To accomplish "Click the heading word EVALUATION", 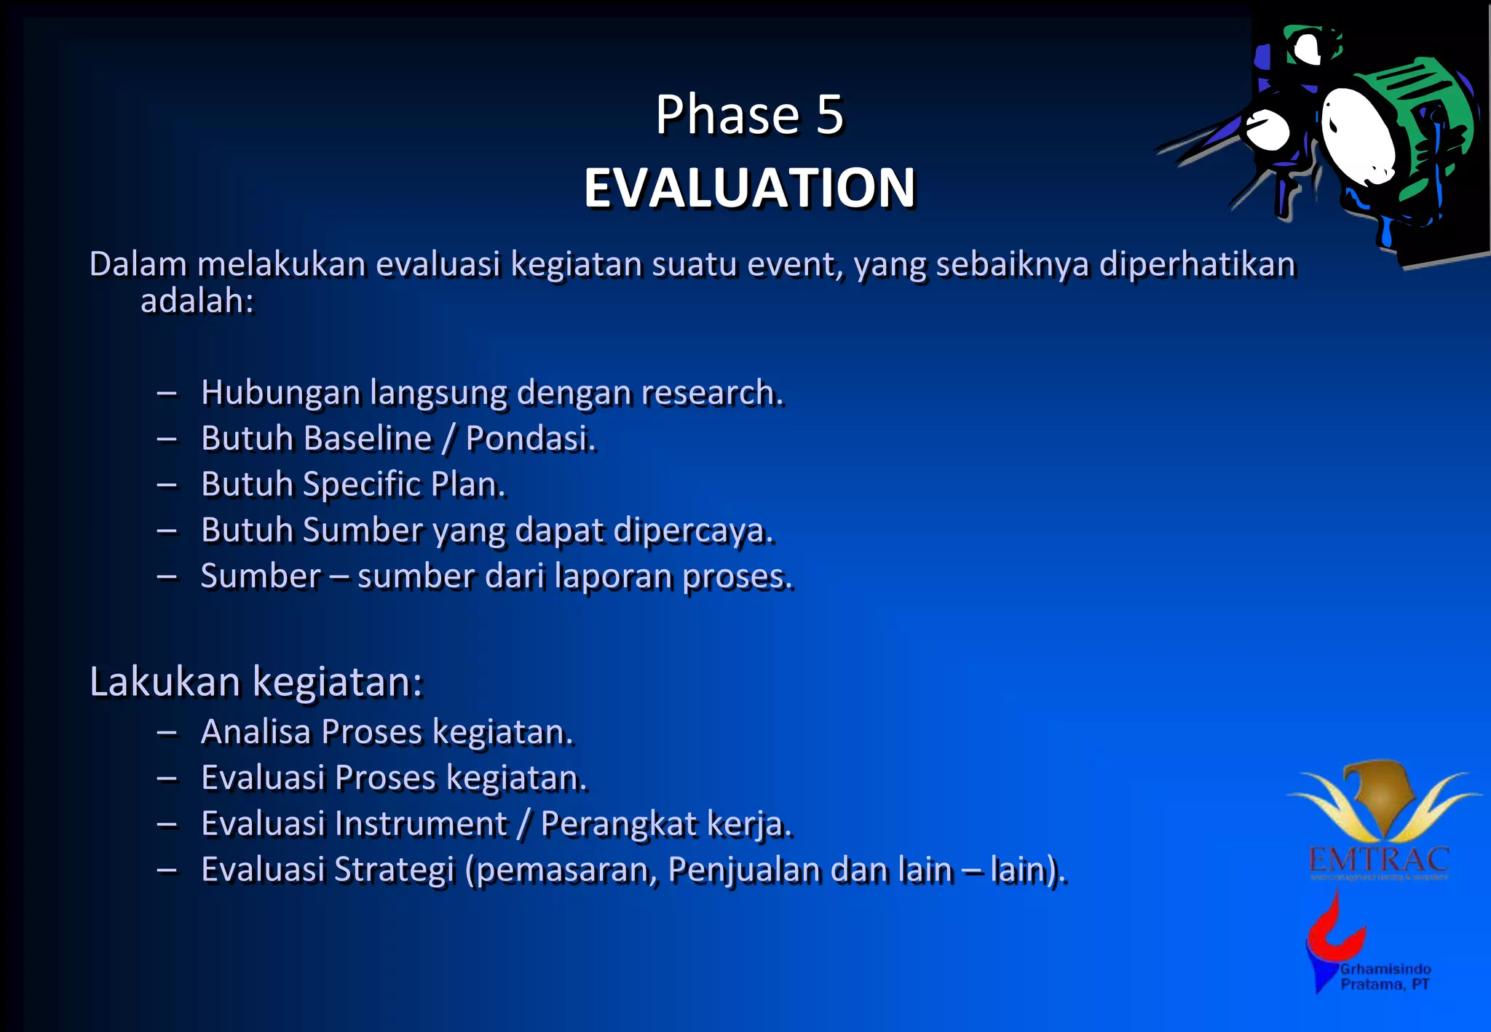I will pyautogui.click(x=749, y=188).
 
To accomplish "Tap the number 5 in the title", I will pyautogui.click(x=829, y=115).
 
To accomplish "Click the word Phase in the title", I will pyautogui.click(x=727, y=115).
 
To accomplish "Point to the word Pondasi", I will pyautogui.click(x=530, y=439).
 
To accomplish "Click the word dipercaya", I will pyautogui.click(x=692, y=531).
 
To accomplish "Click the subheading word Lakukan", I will pyautogui.click(x=165, y=683).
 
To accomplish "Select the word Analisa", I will pyautogui.click(x=256, y=732).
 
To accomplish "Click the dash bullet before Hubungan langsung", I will pyautogui.click(x=167, y=394).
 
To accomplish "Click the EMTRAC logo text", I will pyautogui.click(x=1378, y=861).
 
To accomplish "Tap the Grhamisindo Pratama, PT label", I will pyautogui.click(x=1385, y=977).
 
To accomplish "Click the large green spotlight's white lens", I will pyautogui.click(x=1358, y=135).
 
